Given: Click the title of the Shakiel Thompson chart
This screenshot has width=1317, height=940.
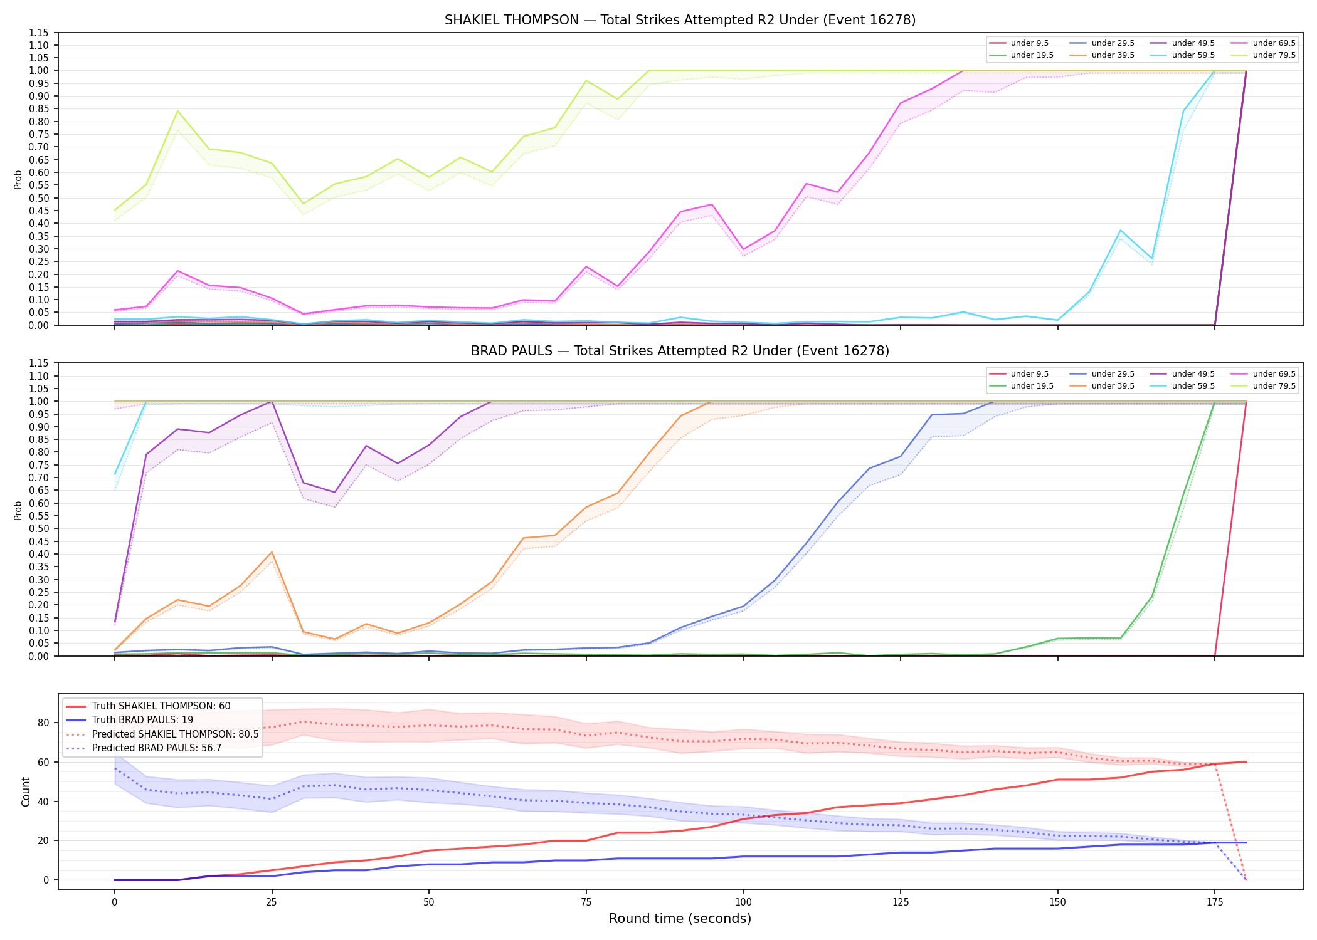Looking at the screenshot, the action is click(x=680, y=20).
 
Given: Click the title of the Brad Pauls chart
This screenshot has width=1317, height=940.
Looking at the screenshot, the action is click(x=680, y=351).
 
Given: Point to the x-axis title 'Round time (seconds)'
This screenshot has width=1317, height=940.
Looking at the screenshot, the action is click(x=680, y=919).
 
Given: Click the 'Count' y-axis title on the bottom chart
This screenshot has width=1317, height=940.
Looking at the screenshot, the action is click(x=26, y=791).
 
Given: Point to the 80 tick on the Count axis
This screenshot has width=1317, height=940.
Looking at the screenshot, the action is click(x=43, y=723).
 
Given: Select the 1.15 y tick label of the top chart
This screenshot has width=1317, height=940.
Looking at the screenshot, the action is click(x=38, y=33).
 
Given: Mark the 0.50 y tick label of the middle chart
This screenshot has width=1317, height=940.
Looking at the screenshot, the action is click(x=38, y=528).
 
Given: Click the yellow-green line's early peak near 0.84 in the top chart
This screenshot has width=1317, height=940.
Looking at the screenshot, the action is click(x=177, y=111).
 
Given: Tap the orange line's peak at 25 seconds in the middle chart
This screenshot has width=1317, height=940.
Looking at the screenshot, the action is click(x=272, y=552).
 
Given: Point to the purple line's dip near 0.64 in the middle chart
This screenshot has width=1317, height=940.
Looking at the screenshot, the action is click(x=335, y=493).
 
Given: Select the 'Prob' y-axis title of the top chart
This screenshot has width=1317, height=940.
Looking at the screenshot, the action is click(x=18, y=179).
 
